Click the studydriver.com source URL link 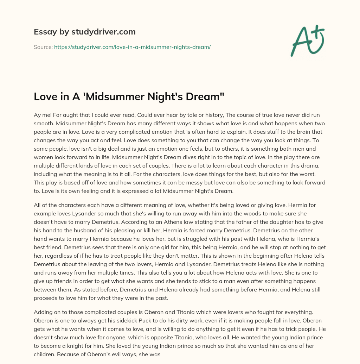point(132,47)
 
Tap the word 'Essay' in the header point(43,32)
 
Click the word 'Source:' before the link point(43,47)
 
